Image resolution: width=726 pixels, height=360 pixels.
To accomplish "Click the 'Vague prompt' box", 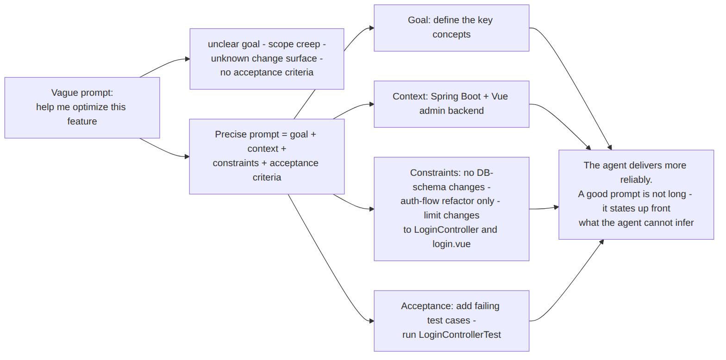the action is point(82,107).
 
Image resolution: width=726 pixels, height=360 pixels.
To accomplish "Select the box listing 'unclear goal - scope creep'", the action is point(267,59).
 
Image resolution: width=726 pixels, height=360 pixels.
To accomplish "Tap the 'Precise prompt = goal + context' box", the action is point(267,156).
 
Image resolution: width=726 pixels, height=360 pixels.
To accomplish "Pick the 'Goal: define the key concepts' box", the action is point(451,28).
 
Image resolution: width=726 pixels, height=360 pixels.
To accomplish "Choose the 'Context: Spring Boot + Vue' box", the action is point(451,104).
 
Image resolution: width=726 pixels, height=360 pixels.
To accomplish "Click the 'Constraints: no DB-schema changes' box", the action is point(451,209).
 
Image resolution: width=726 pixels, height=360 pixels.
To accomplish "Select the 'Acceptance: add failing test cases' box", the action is point(451,321).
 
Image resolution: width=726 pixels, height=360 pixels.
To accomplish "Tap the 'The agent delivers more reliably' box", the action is point(636,195).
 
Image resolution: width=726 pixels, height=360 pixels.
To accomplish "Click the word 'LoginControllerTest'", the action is point(460,335).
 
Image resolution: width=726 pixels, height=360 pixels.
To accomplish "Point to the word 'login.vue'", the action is point(451,244).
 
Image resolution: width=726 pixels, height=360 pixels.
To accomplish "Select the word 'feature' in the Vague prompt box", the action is point(82,121).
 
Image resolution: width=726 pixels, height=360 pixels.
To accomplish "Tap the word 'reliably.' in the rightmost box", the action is point(636,180).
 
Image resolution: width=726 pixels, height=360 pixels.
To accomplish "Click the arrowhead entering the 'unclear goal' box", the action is point(188,59).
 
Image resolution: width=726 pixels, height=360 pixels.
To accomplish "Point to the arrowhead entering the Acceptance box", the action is point(372,321).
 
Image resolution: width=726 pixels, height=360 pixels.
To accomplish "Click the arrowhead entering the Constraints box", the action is point(372,209).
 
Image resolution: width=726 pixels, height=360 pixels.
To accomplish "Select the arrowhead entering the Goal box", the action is point(372,28).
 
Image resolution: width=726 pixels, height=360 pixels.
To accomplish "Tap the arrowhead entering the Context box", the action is point(372,104).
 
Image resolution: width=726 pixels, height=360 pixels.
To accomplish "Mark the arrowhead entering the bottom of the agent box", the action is point(602,242).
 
